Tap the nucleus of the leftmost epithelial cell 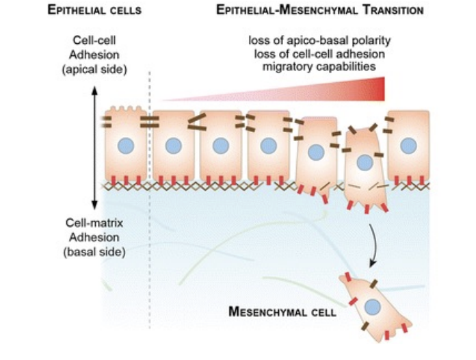coord(125,145)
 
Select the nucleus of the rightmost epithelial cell coord(408,145)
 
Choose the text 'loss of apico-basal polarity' coord(315,41)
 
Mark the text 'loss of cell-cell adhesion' coord(315,53)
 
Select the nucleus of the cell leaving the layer coord(365,162)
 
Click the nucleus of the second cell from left coord(173,145)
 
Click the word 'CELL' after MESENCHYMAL coord(320,313)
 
